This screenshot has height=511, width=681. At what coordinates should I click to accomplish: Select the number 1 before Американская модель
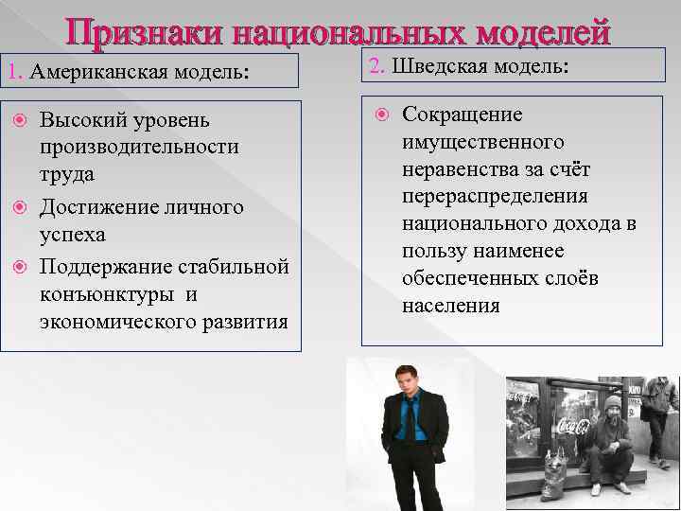point(10,72)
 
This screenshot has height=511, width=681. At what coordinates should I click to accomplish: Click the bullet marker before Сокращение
point(382,115)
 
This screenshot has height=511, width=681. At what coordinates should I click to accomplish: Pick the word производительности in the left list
point(139,149)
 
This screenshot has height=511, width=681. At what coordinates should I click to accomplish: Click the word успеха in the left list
point(72,235)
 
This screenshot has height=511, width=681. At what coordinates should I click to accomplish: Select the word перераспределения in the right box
point(495,197)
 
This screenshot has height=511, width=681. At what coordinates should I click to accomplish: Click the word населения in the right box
point(450,307)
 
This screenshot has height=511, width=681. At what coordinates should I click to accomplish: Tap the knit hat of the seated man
point(612,402)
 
